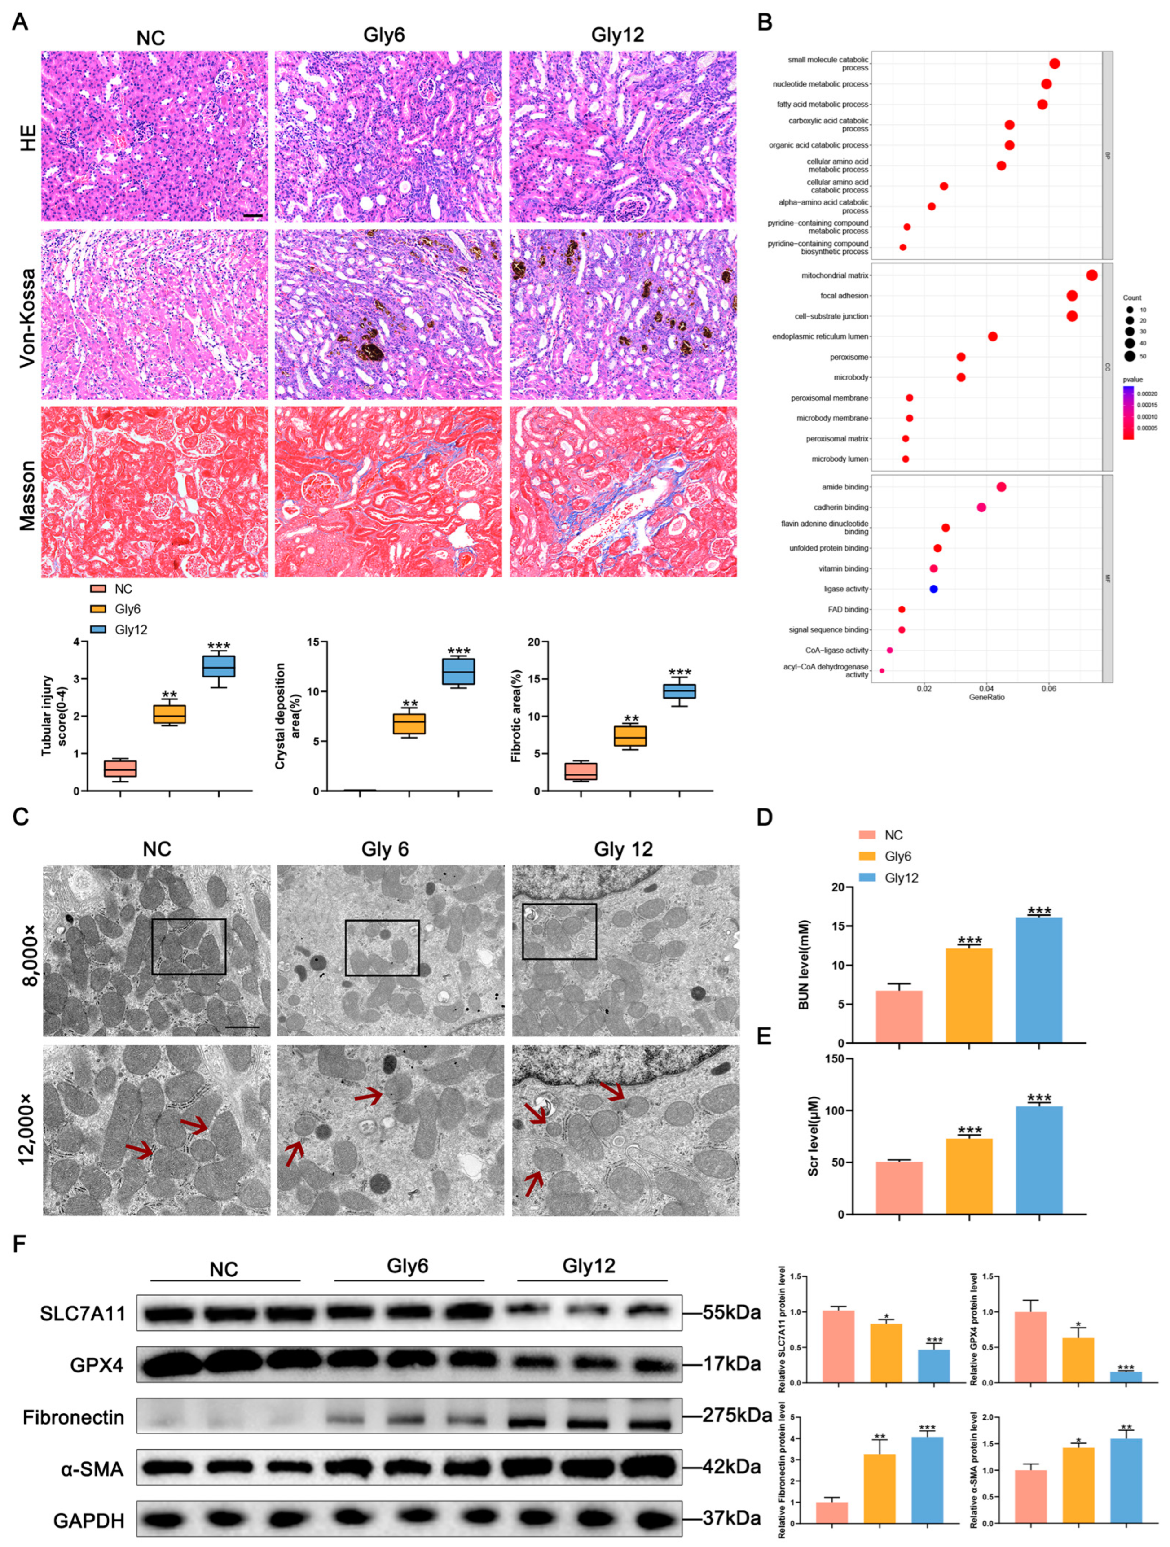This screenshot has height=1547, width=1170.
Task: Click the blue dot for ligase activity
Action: point(933,589)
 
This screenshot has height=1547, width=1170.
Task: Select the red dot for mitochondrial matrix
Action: point(1091,275)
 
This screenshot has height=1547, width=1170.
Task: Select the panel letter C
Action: point(21,816)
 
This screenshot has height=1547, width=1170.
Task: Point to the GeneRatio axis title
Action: point(987,697)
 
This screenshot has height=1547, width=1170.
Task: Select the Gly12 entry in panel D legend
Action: point(901,878)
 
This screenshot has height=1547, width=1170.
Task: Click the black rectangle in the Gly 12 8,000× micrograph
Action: point(559,931)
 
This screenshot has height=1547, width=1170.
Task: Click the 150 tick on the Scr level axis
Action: point(833,1058)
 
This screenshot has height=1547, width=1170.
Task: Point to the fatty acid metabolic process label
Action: point(822,104)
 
